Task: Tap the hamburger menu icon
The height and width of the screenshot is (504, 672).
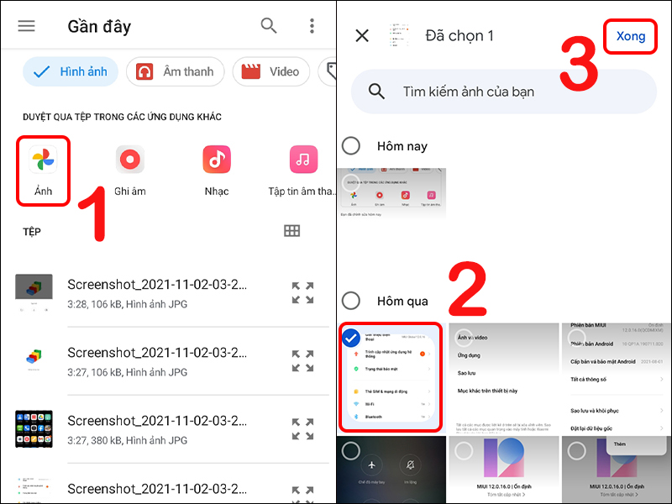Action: click(x=27, y=25)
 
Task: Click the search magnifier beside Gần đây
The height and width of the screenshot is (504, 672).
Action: click(x=269, y=25)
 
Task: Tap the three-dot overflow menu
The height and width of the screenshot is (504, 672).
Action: click(x=312, y=25)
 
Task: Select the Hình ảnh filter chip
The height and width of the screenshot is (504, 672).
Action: click(x=71, y=71)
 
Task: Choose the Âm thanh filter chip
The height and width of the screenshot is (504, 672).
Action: click(x=176, y=71)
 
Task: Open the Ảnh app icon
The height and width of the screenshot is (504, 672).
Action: click(x=43, y=159)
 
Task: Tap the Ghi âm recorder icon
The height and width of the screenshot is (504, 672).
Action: click(x=130, y=159)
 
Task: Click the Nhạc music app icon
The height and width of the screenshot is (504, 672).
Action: click(x=217, y=159)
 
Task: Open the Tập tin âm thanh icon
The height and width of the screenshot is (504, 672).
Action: click(x=303, y=159)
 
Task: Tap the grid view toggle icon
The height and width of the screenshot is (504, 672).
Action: click(x=292, y=231)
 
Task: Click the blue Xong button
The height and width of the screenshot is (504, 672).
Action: click(x=631, y=36)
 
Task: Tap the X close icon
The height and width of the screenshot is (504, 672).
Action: click(x=362, y=35)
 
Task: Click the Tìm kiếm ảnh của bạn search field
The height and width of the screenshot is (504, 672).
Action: click(x=504, y=92)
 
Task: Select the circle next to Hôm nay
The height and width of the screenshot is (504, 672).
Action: click(x=351, y=146)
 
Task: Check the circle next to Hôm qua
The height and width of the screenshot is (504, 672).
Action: click(x=351, y=301)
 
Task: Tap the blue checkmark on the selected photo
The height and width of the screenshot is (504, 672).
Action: click(x=353, y=338)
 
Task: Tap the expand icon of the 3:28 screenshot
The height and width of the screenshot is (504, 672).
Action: click(x=302, y=292)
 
